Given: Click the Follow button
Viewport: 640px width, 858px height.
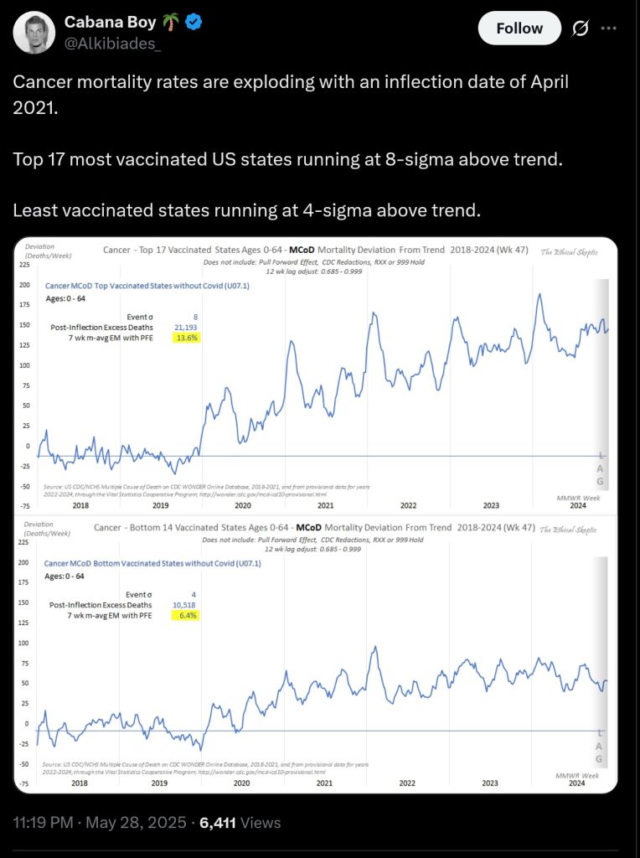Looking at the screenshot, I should click(519, 28).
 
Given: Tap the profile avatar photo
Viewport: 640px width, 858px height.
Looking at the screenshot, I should click(34, 34).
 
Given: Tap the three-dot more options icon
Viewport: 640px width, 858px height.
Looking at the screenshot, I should click(609, 28).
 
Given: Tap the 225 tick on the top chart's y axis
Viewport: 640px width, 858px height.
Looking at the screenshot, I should click(24, 265).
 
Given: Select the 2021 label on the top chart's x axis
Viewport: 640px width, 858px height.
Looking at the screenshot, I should click(325, 505).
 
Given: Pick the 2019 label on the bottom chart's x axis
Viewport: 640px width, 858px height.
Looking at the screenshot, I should click(160, 783).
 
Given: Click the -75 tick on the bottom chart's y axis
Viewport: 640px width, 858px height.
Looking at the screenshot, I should click(23, 783).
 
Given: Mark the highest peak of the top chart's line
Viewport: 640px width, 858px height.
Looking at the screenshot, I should click(540, 294).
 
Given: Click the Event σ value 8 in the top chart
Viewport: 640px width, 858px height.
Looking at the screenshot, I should click(194, 317).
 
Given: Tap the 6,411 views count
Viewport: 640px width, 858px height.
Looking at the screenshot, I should click(218, 823).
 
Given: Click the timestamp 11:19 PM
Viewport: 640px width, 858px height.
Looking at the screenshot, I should click(46, 823).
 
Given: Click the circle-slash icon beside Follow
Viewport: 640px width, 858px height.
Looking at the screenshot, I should click(579, 28).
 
